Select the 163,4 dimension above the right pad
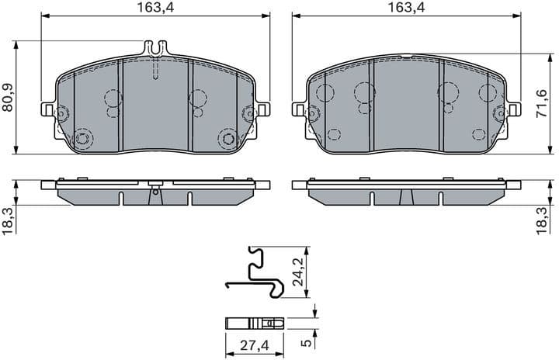[401, 8]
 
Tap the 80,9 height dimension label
[9, 98]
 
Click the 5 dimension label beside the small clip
[307, 338]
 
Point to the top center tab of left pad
[155, 48]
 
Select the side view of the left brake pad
[155, 193]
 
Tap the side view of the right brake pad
[404, 193]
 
